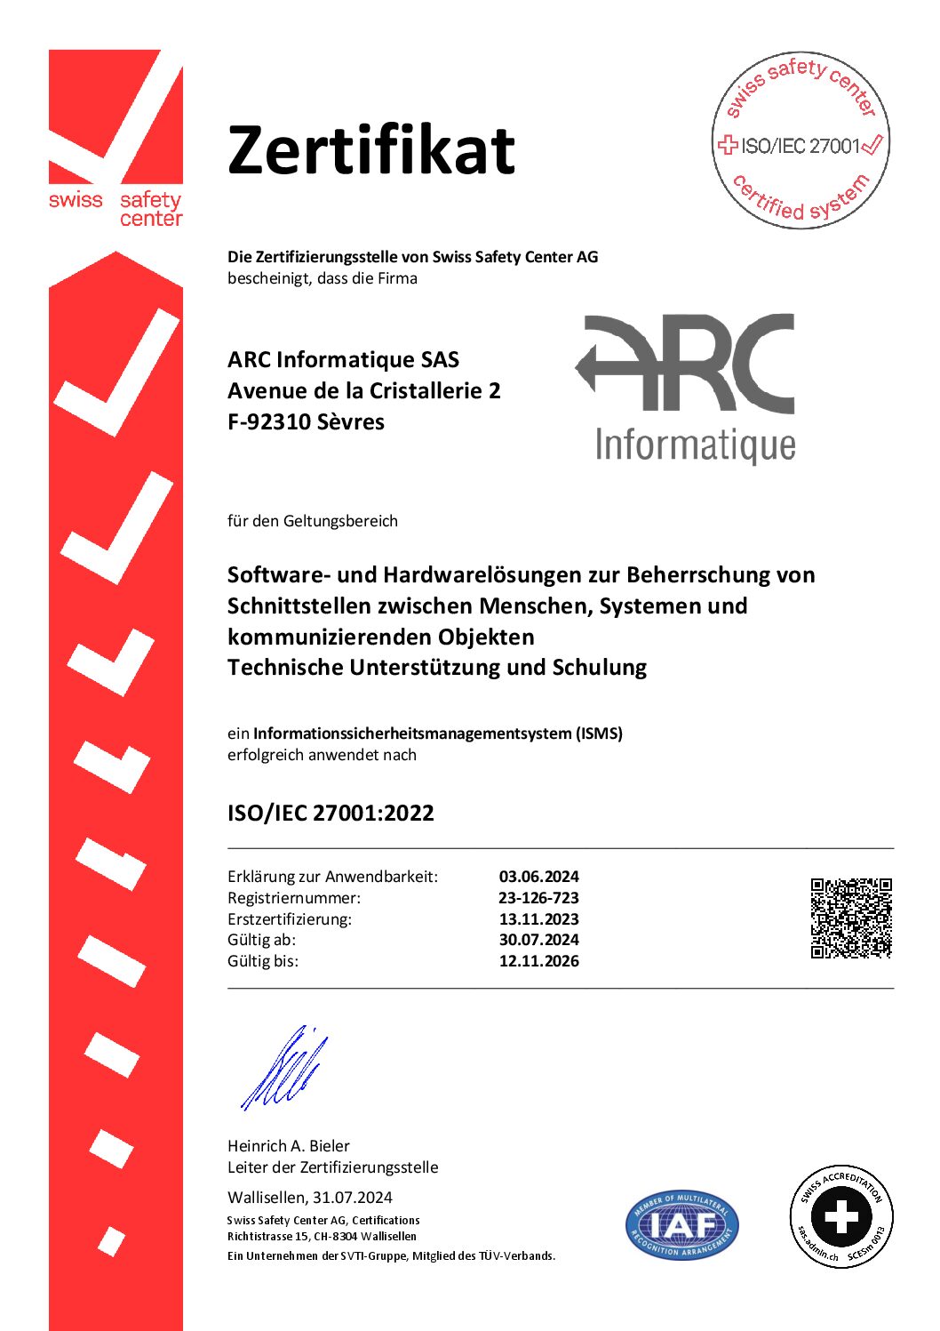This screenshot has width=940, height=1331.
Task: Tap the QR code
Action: tap(850, 918)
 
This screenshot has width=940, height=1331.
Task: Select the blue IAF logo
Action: tap(681, 1225)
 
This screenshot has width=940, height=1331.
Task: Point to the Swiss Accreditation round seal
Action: tap(841, 1216)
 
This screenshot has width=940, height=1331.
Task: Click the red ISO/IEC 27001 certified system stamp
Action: tap(801, 140)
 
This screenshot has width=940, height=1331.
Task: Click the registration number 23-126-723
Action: tap(538, 898)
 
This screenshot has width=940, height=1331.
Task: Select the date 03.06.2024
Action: tap(538, 877)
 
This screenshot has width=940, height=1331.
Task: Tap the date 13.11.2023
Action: tap(538, 919)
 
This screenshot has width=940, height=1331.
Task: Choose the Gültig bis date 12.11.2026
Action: tap(538, 961)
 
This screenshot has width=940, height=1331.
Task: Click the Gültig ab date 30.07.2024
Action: tap(538, 940)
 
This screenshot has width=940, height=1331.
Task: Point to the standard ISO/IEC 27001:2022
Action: tap(331, 813)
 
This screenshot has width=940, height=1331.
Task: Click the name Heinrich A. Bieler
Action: tap(289, 1146)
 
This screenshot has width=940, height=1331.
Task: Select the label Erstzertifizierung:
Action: tap(290, 919)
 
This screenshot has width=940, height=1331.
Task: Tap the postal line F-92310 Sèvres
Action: tap(306, 421)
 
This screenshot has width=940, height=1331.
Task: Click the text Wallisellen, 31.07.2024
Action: tap(310, 1198)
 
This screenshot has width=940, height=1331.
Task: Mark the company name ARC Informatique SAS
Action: tap(343, 360)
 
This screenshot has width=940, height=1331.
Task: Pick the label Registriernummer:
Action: tap(294, 898)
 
